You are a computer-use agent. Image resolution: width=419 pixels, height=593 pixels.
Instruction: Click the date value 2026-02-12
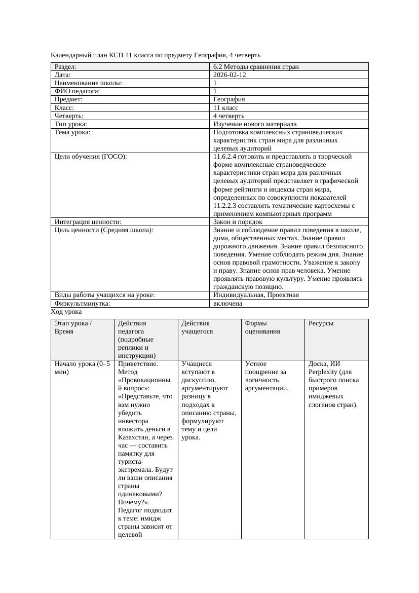point(230,75)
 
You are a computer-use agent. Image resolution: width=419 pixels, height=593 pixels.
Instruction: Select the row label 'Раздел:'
point(65,66)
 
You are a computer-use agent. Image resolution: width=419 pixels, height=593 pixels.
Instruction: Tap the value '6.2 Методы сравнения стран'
point(256,66)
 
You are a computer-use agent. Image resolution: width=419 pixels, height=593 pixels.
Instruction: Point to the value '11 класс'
point(226,107)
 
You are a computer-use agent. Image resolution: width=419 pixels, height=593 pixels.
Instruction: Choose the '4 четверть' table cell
point(230,116)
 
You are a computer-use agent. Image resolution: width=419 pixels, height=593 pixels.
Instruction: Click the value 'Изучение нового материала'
point(255,124)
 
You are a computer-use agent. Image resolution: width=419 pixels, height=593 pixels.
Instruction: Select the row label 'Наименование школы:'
point(89,83)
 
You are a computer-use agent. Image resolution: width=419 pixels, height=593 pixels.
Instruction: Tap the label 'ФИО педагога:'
point(77,91)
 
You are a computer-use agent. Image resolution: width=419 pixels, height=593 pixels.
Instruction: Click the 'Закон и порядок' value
point(238,221)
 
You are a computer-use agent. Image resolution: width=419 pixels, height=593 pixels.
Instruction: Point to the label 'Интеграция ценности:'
point(88,221)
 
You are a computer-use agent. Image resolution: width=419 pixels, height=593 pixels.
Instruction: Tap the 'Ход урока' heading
point(66,312)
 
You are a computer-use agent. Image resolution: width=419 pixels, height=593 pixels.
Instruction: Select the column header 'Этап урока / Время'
point(73,327)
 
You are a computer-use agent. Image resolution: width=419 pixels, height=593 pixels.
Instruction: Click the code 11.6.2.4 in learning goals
point(227,156)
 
